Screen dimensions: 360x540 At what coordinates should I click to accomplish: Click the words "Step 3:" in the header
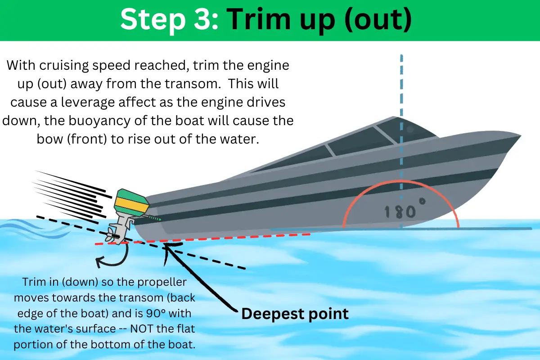coord(169,20)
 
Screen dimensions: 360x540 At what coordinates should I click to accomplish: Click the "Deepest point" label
coord(295,314)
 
